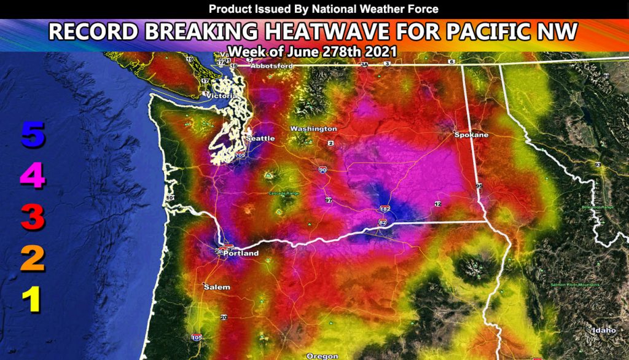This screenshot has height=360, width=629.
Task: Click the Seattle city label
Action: tap(260, 138)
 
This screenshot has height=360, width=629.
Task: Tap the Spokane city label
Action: tap(471, 134)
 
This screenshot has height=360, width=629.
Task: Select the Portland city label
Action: tap(241, 253)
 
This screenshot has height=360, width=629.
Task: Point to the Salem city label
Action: tap(217, 287)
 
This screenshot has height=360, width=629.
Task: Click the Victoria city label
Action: tap(222, 96)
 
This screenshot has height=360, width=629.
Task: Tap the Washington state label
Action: tap(313, 129)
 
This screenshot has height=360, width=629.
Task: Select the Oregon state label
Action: tap(322, 356)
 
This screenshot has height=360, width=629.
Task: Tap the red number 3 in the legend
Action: tap(32, 218)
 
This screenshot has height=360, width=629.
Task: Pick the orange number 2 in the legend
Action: tap(32, 259)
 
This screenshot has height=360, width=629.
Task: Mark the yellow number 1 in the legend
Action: tap(32, 300)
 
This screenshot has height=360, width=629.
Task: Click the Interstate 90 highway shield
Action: tap(323, 170)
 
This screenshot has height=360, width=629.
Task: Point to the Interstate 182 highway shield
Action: tap(385, 209)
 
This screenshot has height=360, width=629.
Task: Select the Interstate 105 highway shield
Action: tap(197, 337)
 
